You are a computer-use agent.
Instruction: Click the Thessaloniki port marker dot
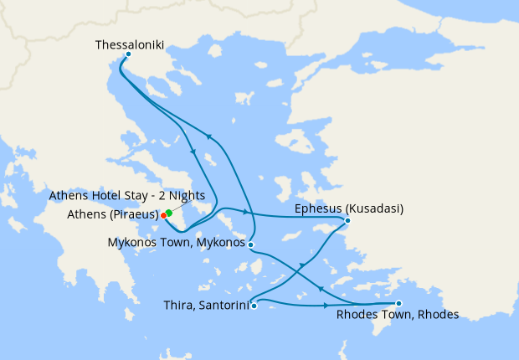[127, 54]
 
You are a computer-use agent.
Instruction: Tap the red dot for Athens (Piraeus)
[163, 215]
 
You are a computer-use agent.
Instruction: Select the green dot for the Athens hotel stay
[169, 212]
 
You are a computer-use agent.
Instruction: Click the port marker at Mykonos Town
[251, 244]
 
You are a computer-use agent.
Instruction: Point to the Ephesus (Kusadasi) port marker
[347, 221]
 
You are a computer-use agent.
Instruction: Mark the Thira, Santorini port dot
[254, 306]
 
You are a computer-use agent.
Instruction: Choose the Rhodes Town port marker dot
[398, 303]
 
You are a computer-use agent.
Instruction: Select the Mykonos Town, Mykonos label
[177, 244]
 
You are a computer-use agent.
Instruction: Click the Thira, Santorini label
[207, 306]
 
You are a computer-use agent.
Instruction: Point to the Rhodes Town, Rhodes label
[397, 316]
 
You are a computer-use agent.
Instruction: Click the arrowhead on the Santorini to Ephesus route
[302, 265]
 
